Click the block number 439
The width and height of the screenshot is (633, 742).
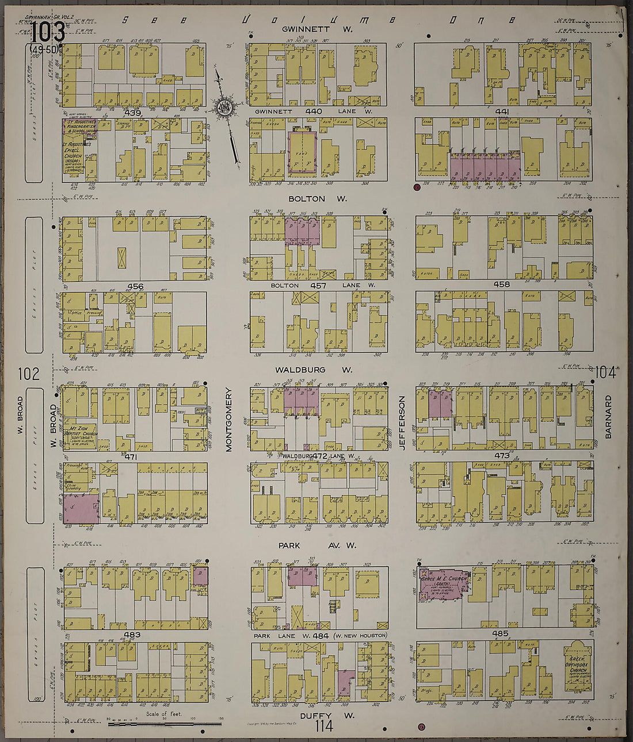[x=133, y=113]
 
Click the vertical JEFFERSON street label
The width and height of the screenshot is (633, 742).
[x=403, y=422]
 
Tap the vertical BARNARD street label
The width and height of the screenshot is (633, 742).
[x=608, y=417]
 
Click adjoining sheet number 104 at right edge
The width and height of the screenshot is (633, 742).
[x=606, y=373]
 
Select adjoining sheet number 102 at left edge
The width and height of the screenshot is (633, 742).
[x=29, y=374]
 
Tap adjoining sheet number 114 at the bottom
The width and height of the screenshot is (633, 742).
[x=324, y=727]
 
